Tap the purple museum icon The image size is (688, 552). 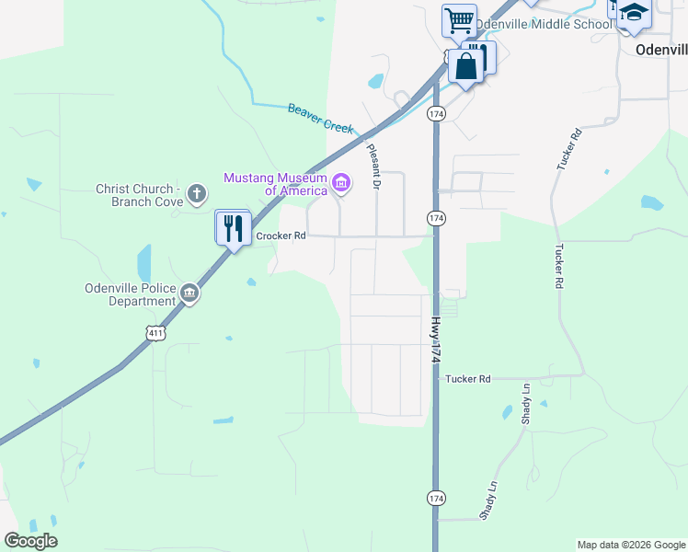point(341,183)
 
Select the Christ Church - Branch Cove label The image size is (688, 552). point(140,195)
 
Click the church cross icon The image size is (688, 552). point(195,193)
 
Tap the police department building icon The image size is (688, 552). point(189,293)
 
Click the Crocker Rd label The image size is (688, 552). point(281,236)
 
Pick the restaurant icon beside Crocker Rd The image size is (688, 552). point(234,227)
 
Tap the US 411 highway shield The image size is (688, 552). point(156,331)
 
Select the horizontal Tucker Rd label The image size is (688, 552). point(468,378)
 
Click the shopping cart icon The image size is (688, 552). point(458,19)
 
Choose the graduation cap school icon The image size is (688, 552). point(634,14)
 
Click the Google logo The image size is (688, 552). point(30,541)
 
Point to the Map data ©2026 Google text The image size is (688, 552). point(630,545)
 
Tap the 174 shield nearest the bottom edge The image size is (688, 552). point(436,498)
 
